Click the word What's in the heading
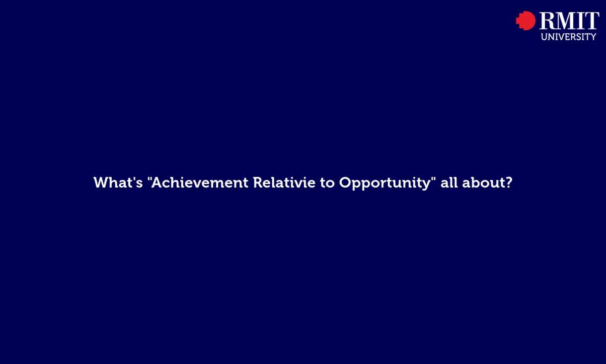point(118,182)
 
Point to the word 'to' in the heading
point(327,182)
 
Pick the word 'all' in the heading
point(449,182)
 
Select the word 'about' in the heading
point(481,182)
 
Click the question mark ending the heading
point(508,182)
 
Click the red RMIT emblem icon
point(526,21)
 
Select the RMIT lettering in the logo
point(569,21)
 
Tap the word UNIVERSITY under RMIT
point(568,37)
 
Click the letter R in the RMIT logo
point(547,21)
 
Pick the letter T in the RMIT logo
point(592,21)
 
